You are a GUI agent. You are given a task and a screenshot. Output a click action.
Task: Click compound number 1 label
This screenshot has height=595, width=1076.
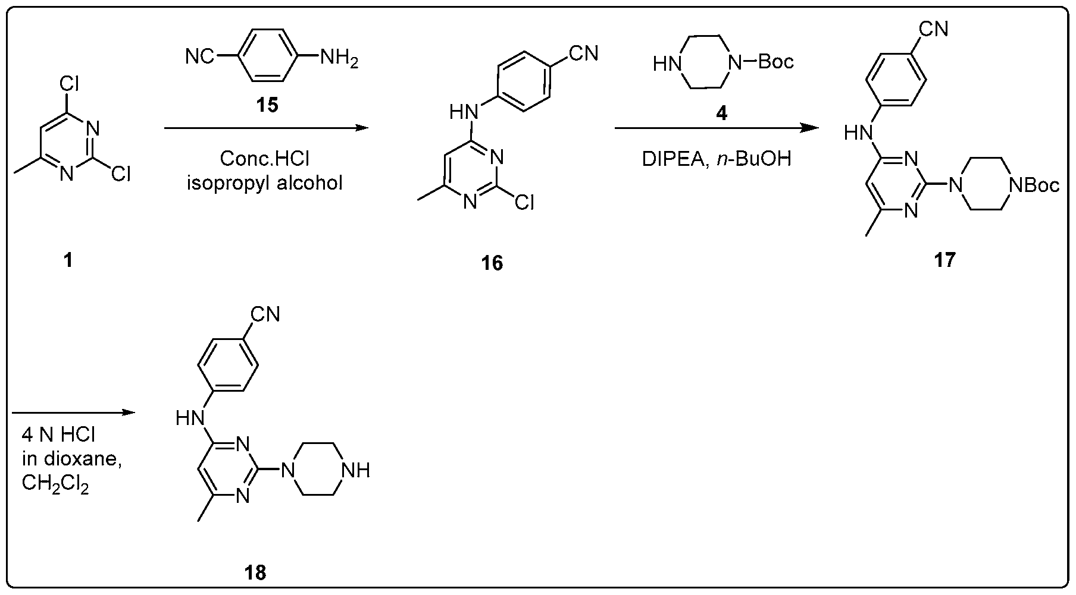pos(68,260)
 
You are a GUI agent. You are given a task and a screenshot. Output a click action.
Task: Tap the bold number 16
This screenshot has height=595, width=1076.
pos(492,262)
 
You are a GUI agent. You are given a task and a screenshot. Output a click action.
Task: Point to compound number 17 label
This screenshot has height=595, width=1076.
pos(944,260)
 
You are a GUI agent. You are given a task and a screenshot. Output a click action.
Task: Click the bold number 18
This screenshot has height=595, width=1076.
pos(255,572)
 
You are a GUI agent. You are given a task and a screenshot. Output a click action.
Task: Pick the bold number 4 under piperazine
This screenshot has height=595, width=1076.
pos(721,113)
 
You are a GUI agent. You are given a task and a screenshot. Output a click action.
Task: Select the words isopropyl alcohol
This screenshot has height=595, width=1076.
pos(265,182)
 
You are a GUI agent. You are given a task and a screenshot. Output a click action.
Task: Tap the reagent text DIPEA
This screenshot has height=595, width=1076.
pos(671,159)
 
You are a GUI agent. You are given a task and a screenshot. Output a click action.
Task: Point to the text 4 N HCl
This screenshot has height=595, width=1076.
pos(58,435)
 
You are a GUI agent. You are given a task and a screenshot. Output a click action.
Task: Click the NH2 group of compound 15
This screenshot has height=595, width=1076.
pos(339,59)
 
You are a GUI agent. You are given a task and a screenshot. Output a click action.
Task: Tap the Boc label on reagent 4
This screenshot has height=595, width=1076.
pos(776,62)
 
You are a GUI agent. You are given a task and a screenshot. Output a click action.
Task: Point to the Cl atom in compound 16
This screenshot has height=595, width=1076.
pos(524,204)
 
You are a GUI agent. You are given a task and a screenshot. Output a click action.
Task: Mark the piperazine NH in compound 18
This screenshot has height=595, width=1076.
pos(356,471)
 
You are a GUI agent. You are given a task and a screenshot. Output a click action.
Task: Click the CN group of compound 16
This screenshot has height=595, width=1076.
pos(584,53)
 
